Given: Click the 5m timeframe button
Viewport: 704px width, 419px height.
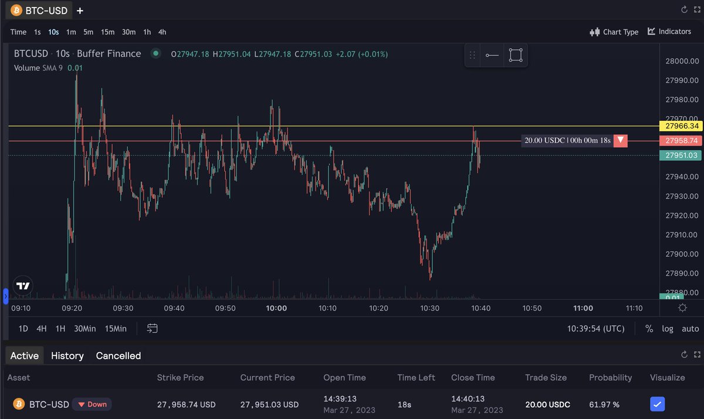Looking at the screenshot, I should click(88, 32).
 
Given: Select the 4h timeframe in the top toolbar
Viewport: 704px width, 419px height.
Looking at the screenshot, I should click(163, 32).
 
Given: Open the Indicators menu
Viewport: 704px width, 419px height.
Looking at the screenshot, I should click(669, 31).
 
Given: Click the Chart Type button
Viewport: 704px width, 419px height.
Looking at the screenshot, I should click(614, 32).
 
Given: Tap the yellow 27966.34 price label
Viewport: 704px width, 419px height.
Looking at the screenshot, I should click(681, 126).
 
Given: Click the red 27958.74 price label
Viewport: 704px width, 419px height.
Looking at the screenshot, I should click(681, 141).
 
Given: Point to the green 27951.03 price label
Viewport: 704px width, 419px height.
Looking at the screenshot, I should click(681, 156).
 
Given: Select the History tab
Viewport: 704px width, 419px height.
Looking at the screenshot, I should click(67, 356).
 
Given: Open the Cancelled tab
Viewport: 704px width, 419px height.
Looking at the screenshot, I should click(119, 356).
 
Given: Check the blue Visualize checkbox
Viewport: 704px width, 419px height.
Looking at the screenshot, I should click(658, 404).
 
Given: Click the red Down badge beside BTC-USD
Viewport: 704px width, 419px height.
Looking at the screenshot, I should click(92, 404).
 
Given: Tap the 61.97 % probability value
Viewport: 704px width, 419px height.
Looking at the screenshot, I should click(604, 404).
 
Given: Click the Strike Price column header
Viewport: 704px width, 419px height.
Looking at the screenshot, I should click(180, 377).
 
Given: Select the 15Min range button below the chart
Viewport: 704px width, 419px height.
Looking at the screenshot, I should click(116, 329).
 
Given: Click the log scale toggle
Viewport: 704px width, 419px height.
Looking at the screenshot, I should click(668, 329).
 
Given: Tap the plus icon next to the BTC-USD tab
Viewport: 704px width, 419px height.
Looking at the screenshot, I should click(80, 11).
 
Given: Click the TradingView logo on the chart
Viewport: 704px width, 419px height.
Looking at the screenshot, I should click(23, 286).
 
